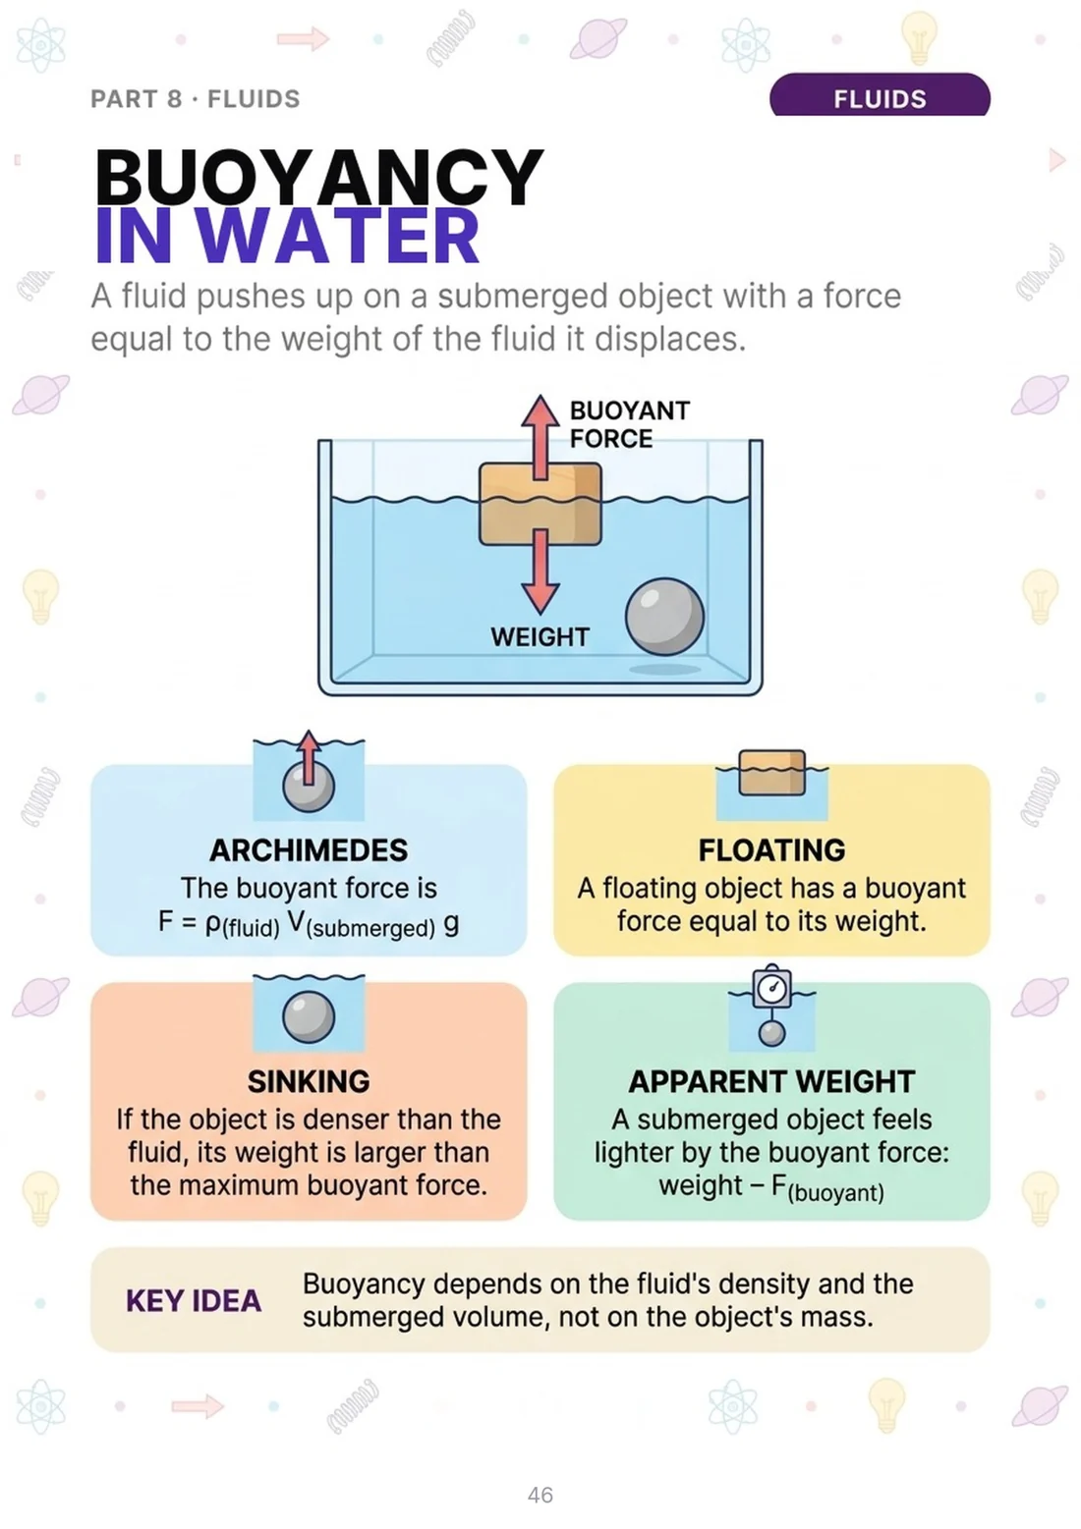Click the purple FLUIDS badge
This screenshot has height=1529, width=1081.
click(x=879, y=95)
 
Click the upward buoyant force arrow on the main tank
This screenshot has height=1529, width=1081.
click(x=540, y=437)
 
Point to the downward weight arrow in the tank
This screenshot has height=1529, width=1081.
click(x=540, y=571)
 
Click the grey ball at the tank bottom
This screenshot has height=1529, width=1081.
click(x=664, y=617)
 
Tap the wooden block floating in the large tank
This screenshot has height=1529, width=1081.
click(x=540, y=504)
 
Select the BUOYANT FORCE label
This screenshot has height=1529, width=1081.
click(x=630, y=424)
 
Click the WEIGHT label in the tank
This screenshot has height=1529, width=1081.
click(x=540, y=637)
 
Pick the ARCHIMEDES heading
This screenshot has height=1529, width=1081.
click(x=309, y=850)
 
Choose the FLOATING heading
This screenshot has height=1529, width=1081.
click(x=771, y=850)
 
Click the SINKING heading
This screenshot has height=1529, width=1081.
click(x=309, y=1082)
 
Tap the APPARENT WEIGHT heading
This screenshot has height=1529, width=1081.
click(x=771, y=1082)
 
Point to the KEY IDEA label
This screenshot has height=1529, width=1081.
click(x=194, y=1301)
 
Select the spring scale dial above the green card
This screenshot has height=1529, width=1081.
click(x=772, y=987)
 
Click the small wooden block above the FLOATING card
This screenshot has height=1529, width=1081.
click(x=772, y=772)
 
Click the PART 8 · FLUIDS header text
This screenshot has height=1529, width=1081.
click(x=196, y=99)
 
